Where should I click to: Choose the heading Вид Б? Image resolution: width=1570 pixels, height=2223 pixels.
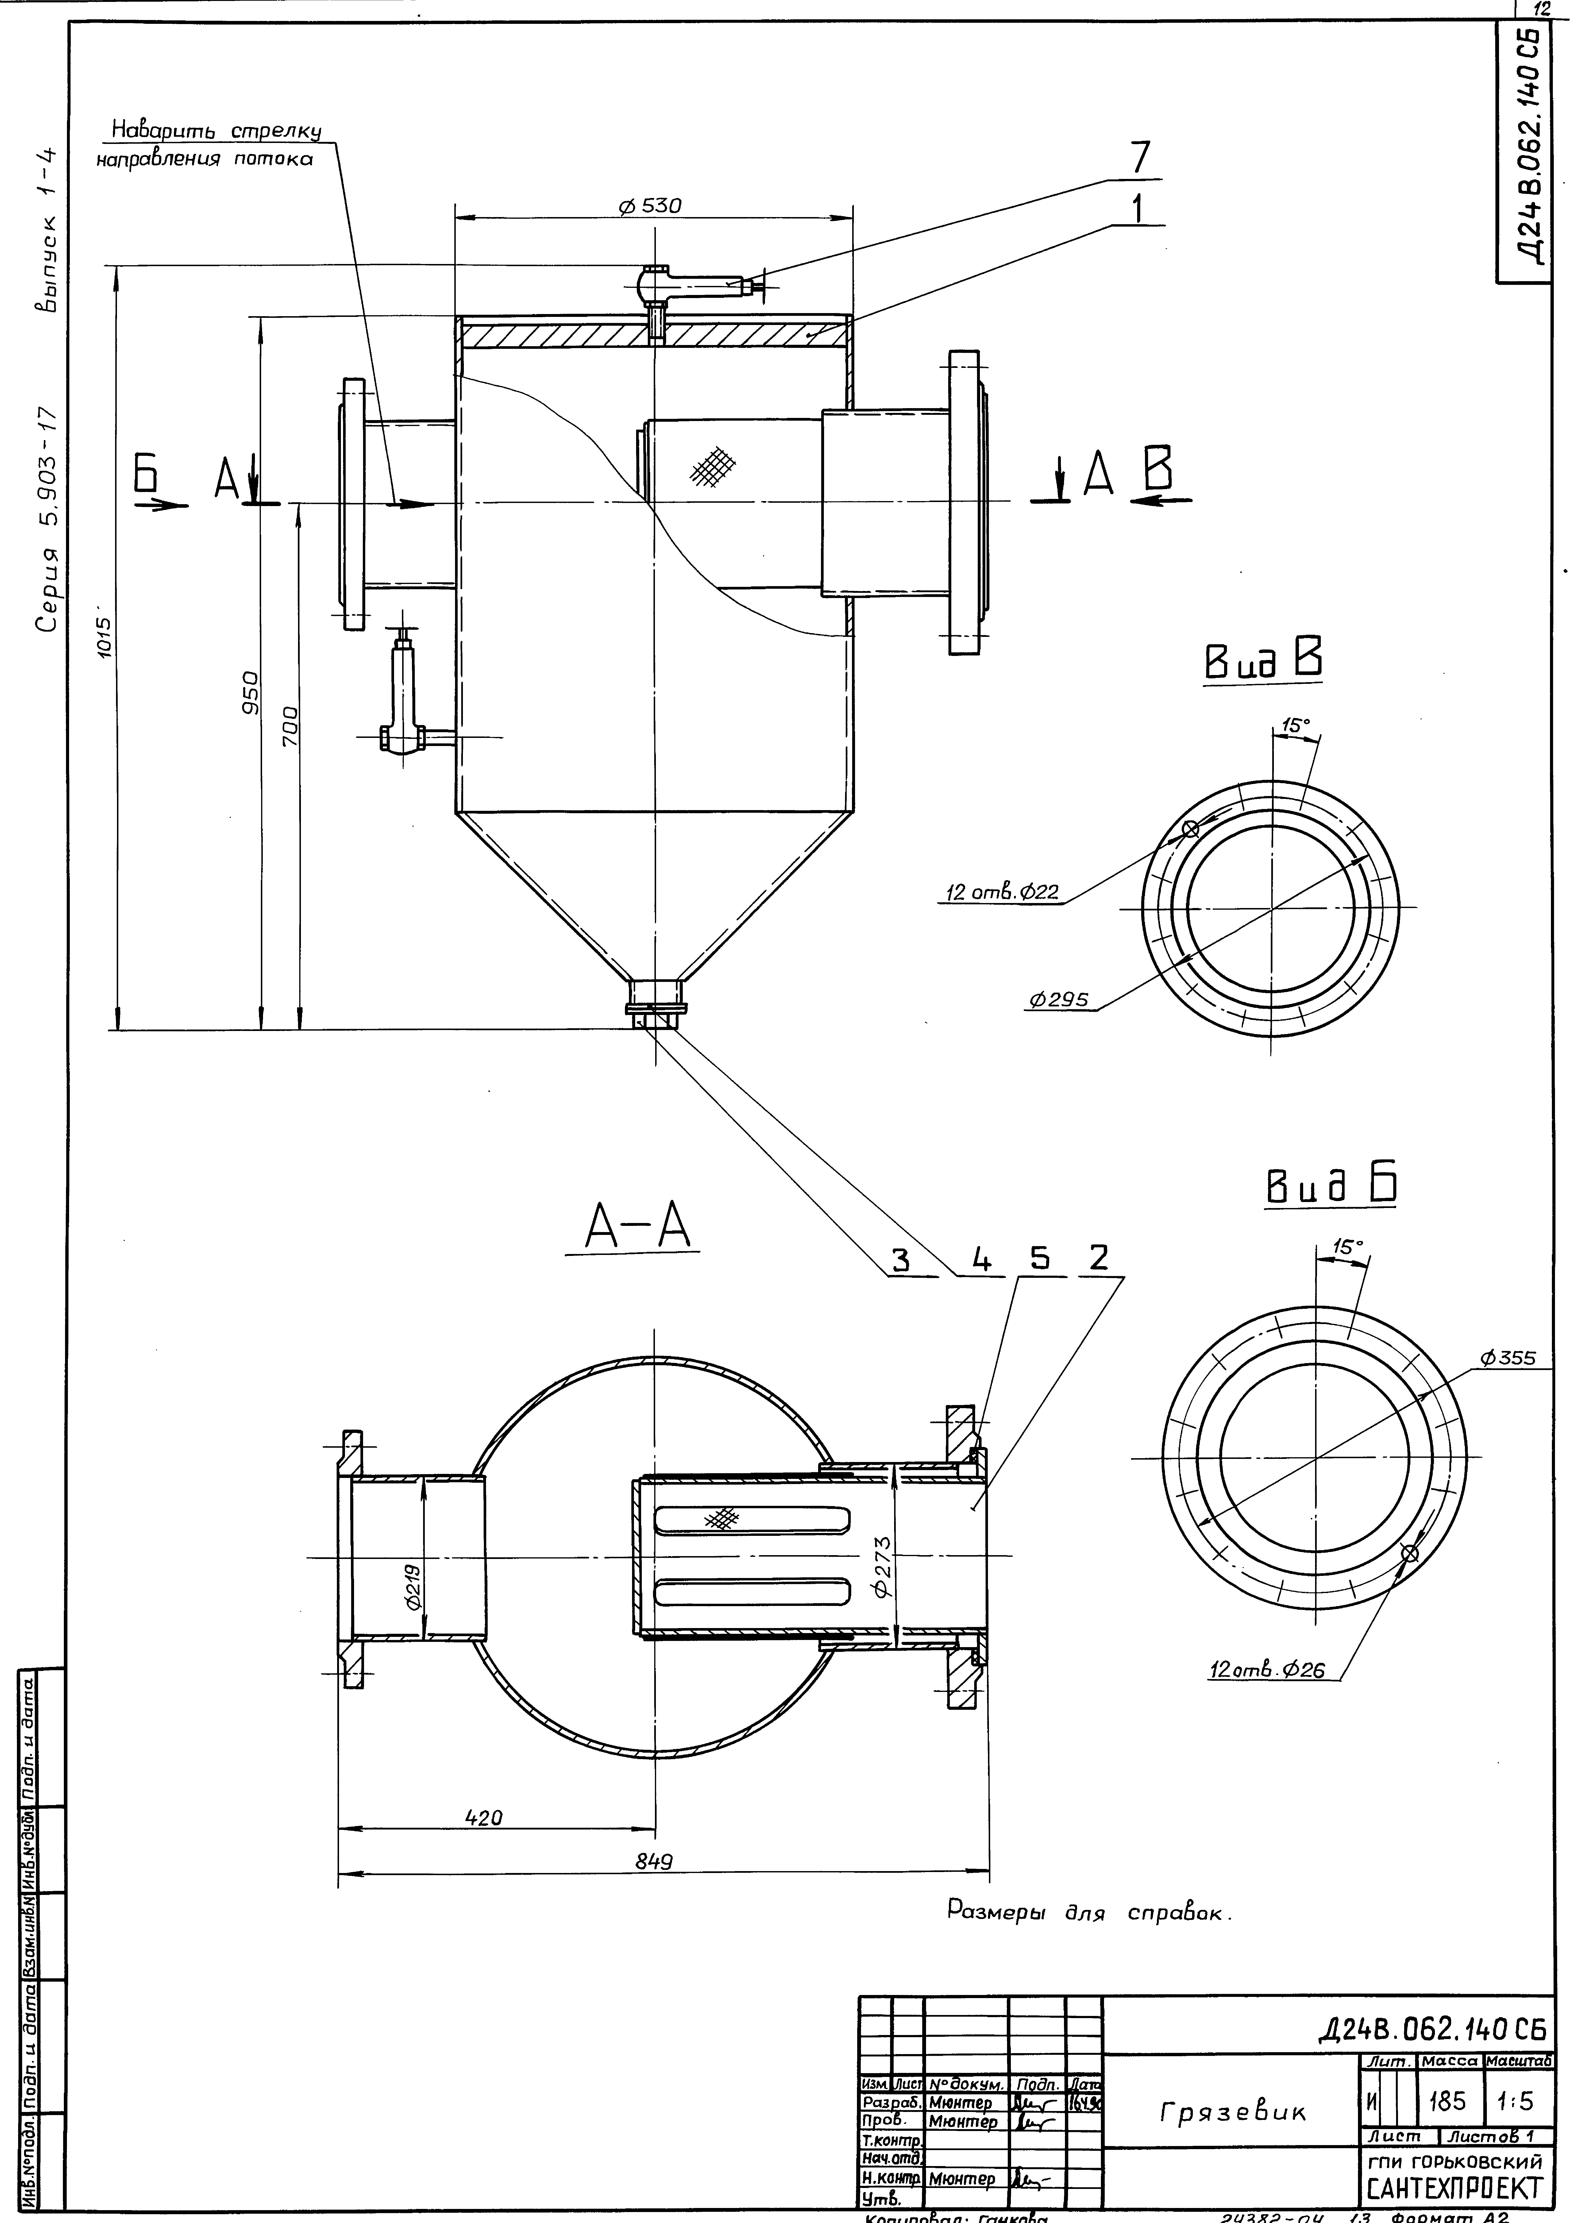[1331, 1185]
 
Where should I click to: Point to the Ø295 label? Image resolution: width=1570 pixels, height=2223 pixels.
[1062, 999]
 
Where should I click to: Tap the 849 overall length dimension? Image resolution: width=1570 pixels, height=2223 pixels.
[654, 1860]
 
